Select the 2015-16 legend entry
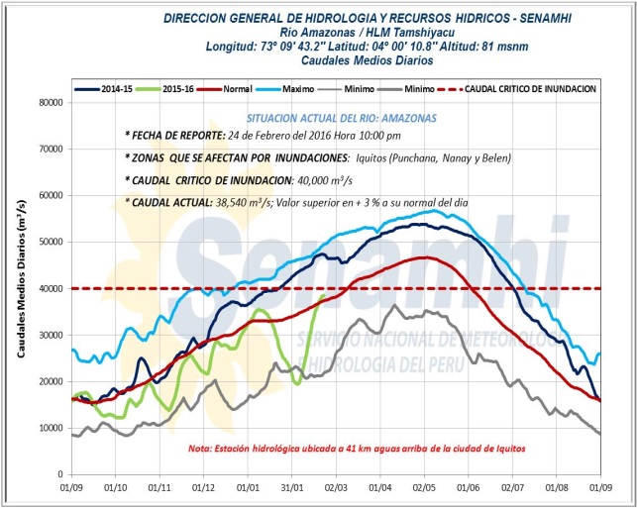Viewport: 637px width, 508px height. (179, 88)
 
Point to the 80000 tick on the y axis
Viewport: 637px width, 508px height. (48, 102)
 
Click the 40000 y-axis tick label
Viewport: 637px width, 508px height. (48, 288)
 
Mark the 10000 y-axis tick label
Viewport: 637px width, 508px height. (48, 428)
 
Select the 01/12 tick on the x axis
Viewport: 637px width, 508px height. (203, 488)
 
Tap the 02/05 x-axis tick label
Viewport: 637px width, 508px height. (424, 488)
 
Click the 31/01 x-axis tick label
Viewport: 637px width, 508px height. (292, 488)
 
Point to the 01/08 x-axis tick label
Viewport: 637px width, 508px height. (557, 488)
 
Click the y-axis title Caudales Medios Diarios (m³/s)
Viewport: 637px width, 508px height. (21, 287)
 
